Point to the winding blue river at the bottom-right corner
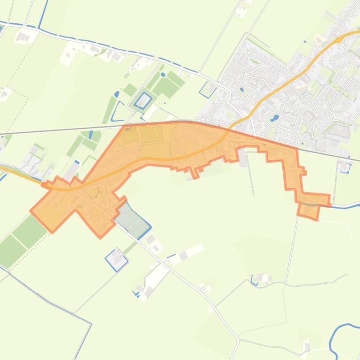[x=333, y=337]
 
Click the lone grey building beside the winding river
[x=308, y=346]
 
